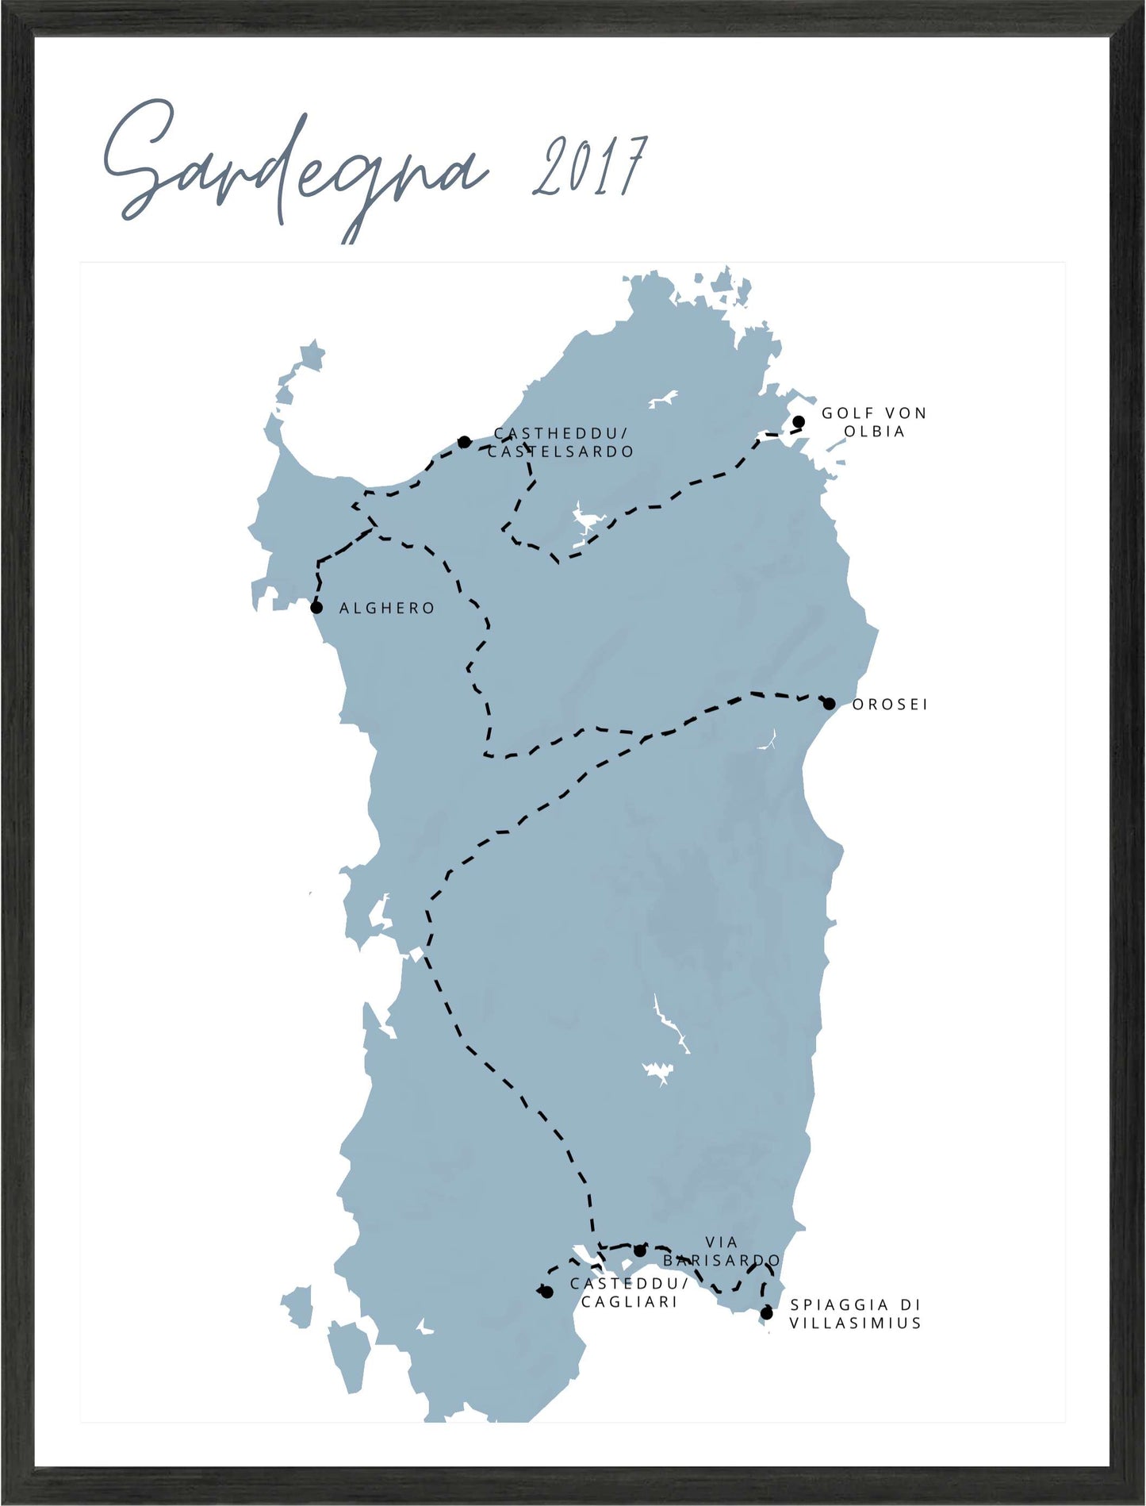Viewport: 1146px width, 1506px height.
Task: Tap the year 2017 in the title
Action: (588, 167)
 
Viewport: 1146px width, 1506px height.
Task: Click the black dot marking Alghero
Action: (316, 608)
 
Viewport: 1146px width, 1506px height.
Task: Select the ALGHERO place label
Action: (387, 609)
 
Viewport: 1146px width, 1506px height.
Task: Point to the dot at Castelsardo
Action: (465, 442)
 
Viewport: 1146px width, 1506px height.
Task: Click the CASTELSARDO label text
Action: (561, 452)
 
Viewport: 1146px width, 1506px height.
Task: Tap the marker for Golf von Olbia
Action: (799, 422)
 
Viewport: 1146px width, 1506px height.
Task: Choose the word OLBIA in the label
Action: (874, 432)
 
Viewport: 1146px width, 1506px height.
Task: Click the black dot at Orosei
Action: (829, 704)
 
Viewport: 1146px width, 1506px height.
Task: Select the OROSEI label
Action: (889, 705)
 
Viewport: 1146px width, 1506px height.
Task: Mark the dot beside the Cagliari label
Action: (547, 1293)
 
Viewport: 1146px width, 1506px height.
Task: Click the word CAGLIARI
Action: (629, 1302)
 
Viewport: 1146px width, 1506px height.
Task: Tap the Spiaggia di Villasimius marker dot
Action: (767, 1313)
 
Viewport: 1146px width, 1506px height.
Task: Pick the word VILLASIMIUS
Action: (855, 1324)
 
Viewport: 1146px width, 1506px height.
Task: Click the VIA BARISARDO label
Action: (722, 1251)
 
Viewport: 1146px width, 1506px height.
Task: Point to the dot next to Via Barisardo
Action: (640, 1251)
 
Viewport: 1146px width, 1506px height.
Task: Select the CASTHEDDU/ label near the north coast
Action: (561, 433)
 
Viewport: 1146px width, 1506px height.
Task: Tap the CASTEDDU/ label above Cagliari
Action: (629, 1284)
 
